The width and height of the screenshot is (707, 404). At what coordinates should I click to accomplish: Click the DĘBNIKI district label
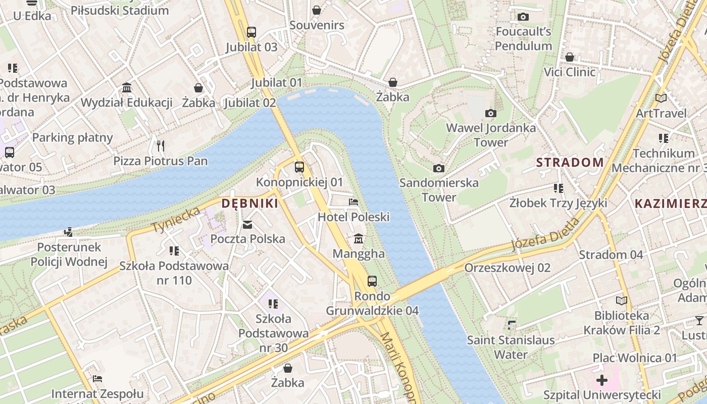click(250, 204)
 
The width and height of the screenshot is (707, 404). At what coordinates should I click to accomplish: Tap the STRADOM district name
click(570, 162)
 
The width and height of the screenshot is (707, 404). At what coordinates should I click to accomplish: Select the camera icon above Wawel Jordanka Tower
click(490, 113)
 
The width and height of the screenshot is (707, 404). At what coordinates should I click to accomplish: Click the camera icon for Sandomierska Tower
click(439, 168)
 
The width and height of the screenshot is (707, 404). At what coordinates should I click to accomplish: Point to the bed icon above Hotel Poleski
click(353, 202)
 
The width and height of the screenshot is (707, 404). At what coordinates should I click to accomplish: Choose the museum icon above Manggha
click(359, 238)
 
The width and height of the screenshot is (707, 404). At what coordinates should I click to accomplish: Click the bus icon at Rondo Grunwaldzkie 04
click(372, 281)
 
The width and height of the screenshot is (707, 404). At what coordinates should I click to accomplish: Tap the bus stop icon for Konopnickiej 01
click(299, 167)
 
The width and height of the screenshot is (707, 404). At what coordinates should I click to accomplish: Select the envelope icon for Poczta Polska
click(247, 224)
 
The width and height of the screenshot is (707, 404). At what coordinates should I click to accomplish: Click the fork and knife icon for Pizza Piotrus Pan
click(161, 146)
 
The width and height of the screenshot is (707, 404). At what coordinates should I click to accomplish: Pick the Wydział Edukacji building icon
click(127, 87)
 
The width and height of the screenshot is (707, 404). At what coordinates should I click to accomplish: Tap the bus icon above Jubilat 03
click(251, 32)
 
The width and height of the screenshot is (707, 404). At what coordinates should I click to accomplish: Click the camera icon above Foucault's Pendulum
click(523, 17)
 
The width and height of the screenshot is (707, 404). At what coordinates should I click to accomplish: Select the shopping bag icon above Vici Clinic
click(570, 57)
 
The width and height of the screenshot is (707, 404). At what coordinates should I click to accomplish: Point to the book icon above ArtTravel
click(661, 98)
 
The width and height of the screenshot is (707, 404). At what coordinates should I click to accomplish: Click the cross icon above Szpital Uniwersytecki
click(601, 380)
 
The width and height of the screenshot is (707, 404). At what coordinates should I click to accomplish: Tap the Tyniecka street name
click(176, 220)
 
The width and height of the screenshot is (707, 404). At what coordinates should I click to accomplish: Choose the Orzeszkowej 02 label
click(507, 268)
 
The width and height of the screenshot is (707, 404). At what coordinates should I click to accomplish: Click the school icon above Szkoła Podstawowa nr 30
click(273, 304)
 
